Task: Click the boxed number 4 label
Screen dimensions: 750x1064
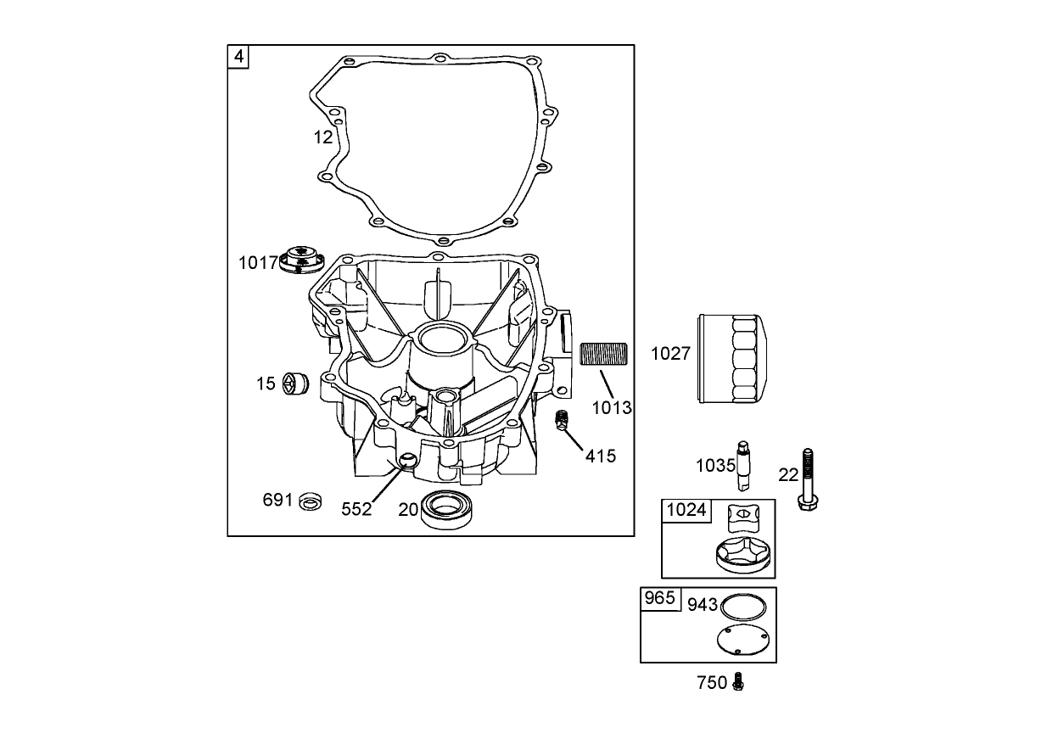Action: click(x=238, y=57)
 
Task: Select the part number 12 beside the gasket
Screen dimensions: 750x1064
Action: click(x=322, y=137)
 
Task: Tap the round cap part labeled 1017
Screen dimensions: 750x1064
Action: click(x=301, y=258)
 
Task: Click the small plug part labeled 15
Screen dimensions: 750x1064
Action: click(x=294, y=383)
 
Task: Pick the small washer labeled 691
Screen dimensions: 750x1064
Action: click(x=311, y=501)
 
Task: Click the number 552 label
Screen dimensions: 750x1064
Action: click(x=356, y=509)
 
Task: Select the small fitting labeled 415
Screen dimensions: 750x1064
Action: click(x=561, y=420)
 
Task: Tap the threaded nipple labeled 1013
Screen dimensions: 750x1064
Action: click(x=602, y=354)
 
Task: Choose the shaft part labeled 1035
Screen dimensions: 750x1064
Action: click(x=745, y=466)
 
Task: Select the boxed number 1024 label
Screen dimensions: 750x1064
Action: click(x=686, y=510)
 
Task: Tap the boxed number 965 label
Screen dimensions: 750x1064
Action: click(x=659, y=599)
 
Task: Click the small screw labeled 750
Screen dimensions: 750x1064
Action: click(x=738, y=681)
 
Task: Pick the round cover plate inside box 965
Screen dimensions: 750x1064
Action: click(x=742, y=640)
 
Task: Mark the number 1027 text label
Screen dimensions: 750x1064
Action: click(x=670, y=354)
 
